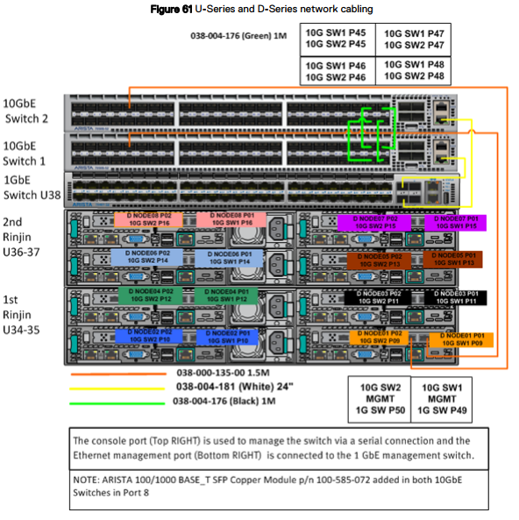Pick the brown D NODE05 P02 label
click(x=379, y=260)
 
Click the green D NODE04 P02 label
click(x=149, y=296)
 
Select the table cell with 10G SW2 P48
click(x=412, y=71)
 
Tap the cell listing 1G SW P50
click(x=380, y=397)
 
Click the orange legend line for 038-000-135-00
click(x=114, y=371)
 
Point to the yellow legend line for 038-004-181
click(x=114, y=386)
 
